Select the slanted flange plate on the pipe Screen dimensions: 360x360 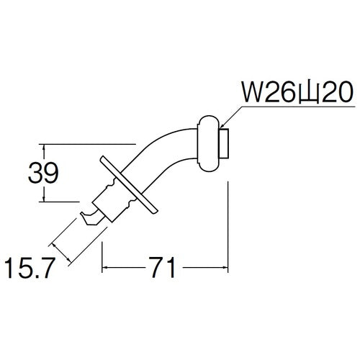(130, 185)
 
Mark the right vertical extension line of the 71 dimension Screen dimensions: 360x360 (228, 223)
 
